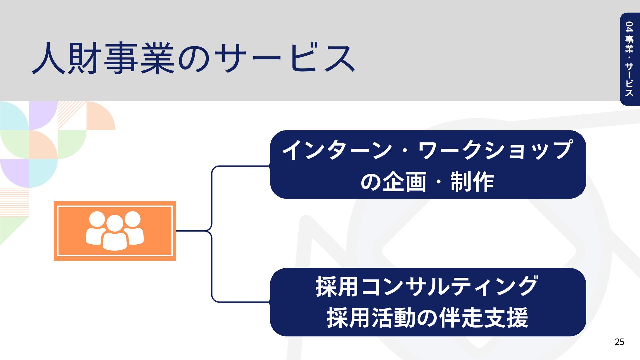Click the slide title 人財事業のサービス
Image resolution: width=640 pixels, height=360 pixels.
193,58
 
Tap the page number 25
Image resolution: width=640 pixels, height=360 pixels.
619,342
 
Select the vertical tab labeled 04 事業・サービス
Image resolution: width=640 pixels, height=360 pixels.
629,59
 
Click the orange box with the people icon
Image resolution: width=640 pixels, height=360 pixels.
115,231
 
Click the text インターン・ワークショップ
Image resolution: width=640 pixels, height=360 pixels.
428,150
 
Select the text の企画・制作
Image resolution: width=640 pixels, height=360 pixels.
427,182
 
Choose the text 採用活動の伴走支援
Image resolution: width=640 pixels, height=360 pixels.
427,318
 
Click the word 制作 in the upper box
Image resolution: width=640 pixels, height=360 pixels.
472,182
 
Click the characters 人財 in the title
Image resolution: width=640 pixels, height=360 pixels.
67,58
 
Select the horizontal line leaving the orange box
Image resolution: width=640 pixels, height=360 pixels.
192,231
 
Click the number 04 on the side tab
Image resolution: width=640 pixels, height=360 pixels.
629,27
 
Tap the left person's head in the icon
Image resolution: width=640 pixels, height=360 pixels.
97,219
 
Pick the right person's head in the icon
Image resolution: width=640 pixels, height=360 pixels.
133,219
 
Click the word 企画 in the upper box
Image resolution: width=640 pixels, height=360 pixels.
404,182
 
